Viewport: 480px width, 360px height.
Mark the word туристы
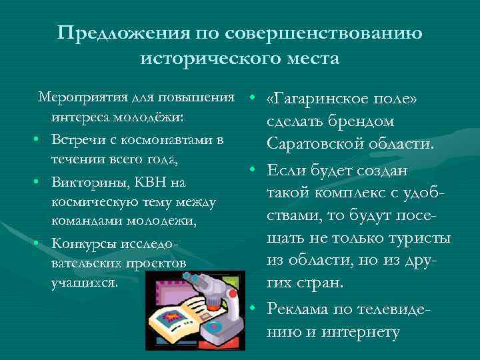coord(423,238)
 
